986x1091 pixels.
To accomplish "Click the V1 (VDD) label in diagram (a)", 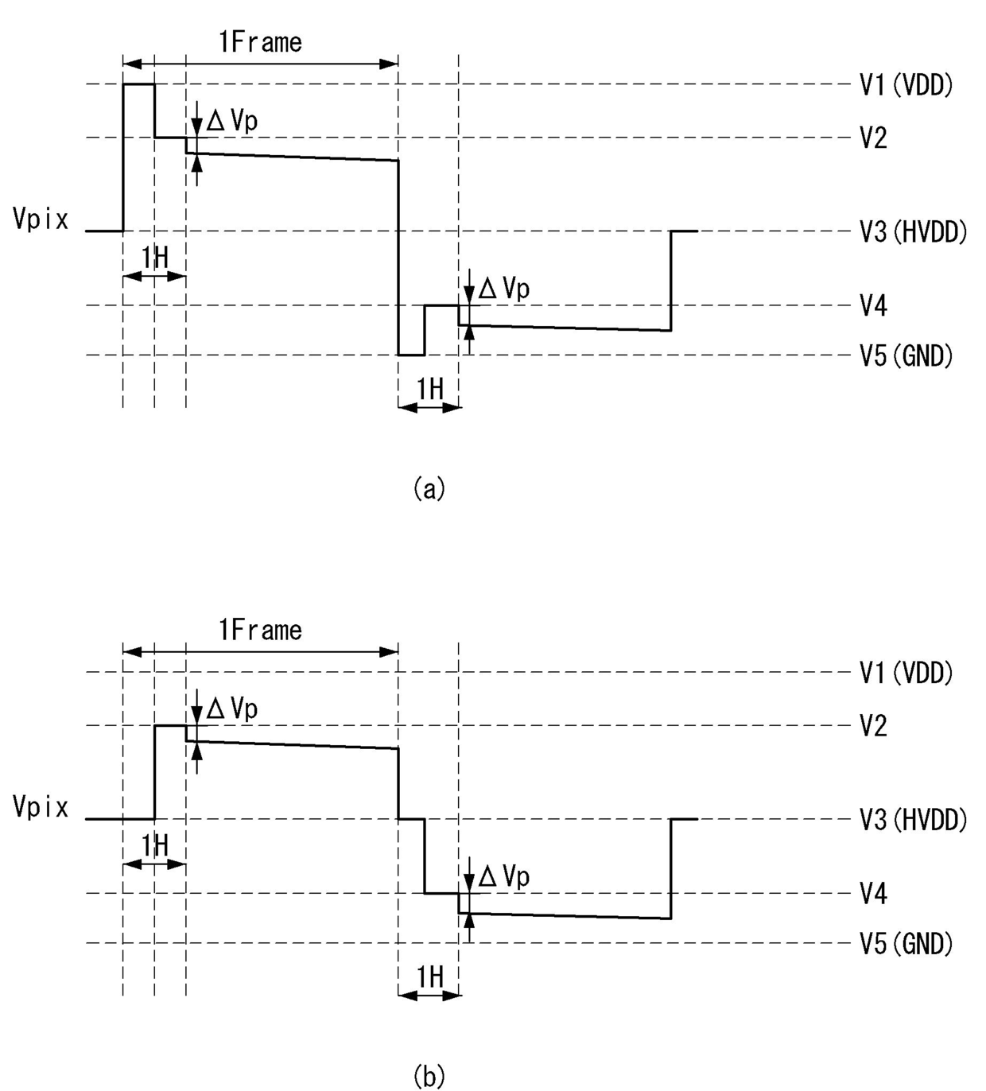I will [x=906, y=85].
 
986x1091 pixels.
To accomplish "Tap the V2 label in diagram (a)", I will [x=873, y=138].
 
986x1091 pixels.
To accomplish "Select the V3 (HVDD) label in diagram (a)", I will [x=913, y=232].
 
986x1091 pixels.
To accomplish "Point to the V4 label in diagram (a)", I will [x=873, y=305].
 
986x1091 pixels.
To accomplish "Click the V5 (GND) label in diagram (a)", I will [x=906, y=355].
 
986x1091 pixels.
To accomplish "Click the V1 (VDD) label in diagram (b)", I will [x=906, y=673].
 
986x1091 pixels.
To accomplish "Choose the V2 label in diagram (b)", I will [x=873, y=726].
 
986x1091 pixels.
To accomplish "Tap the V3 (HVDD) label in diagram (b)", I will [x=913, y=820].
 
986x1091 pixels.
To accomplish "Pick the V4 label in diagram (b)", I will [x=873, y=894].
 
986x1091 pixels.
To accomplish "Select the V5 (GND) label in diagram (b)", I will [x=906, y=944].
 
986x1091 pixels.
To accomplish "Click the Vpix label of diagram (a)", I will [x=41, y=219].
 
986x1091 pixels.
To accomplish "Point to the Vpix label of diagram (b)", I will [x=41, y=807].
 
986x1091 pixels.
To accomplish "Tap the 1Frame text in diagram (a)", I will [x=260, y=42].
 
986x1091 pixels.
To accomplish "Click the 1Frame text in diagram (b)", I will [x=260, y=631].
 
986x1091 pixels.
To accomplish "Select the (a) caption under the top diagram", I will [x=429, y=488].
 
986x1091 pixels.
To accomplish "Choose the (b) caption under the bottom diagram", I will [x=429, y=1076].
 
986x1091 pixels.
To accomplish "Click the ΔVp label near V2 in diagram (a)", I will [x=232, y=121].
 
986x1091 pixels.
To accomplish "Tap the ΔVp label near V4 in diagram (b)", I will [x=503, y=876].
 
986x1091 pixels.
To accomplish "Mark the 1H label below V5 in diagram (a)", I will [x=430, y=389].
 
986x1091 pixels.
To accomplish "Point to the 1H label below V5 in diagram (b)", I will [x=430, y=976].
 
